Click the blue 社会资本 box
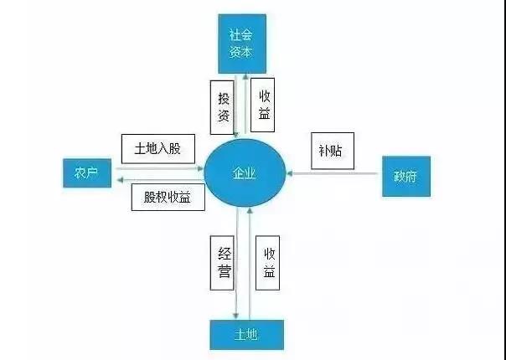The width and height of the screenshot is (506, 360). pos(242,44)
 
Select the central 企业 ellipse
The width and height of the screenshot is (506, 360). pos(245,173)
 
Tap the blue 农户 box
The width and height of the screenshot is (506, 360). pos(87,173)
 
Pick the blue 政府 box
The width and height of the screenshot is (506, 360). pos(406,176)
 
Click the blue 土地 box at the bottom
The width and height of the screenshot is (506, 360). pos(247,335)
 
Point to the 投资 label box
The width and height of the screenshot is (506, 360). pos(222,107)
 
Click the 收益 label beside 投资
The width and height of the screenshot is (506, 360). pos(263,105)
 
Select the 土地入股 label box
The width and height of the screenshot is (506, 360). pos(158,149)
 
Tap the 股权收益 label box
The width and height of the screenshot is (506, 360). pos(168,197)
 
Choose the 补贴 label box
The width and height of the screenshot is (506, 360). pos(333,151)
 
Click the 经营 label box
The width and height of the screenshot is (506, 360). pos(222,263)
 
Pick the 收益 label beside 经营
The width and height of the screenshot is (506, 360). pos(267,263)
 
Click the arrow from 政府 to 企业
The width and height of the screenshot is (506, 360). pos(332,173)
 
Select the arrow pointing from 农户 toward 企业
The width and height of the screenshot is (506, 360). pos(159,168)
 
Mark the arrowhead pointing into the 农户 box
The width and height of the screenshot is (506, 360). pos(120,180)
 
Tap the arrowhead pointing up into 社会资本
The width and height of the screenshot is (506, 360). pos(245,77)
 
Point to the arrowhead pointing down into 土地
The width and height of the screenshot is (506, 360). pos(236,316)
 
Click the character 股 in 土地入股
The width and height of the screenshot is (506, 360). pos(174,149)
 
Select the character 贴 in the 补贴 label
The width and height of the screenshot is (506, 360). pos(337,151)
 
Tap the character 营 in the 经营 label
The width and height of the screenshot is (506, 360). pos(224,271)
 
